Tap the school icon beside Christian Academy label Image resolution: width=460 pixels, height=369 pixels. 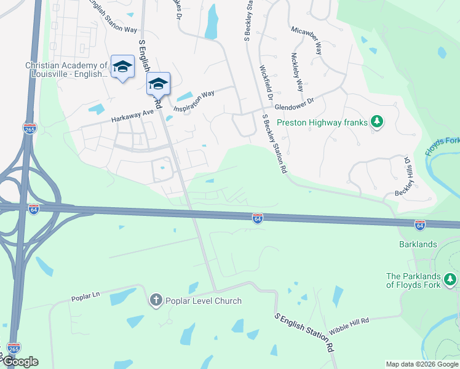point(122,66)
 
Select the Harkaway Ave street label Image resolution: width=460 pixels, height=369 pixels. point(132,114)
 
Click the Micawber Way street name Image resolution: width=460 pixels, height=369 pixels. point(307,40)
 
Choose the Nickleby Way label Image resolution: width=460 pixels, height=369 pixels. point(297,72)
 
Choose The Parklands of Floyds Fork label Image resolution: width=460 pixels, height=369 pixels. point(414,280)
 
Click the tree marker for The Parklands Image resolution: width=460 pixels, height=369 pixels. point(451,280)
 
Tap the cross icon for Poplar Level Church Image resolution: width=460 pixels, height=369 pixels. point(156,300)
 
